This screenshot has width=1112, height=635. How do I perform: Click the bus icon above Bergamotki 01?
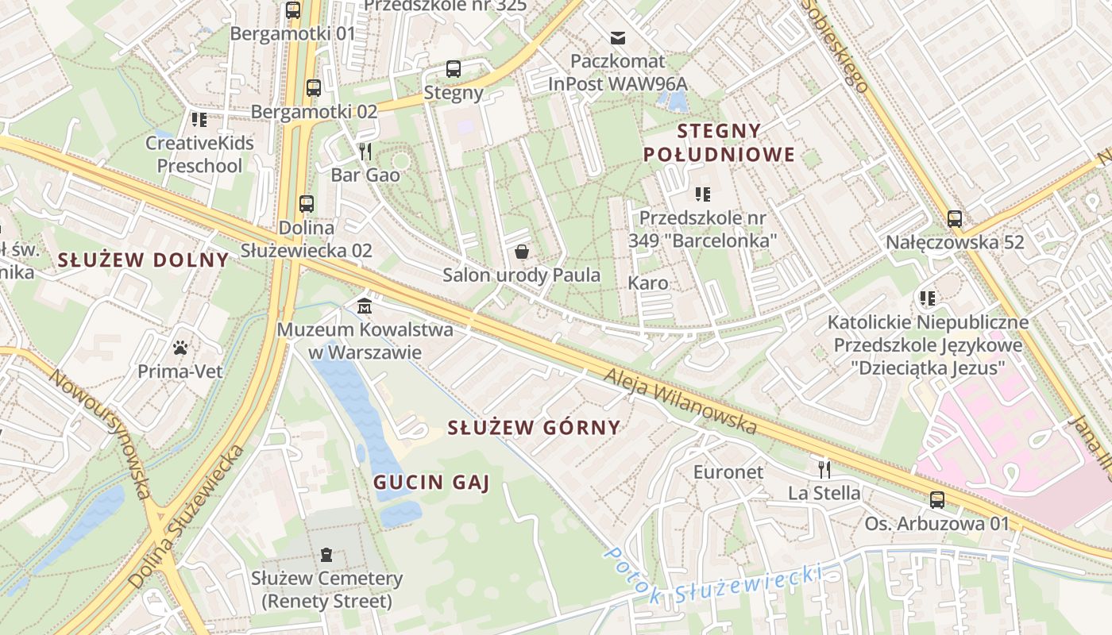293,10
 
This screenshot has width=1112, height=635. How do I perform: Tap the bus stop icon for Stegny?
454,69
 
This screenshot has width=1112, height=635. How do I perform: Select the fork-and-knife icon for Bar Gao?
365,151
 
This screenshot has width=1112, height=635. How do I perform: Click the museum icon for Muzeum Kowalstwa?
365,305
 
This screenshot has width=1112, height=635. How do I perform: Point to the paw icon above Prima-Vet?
181,348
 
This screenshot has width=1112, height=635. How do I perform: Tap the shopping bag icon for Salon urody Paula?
522,252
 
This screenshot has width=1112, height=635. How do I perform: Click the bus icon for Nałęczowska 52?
955,218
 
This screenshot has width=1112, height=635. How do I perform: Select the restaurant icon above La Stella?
824,469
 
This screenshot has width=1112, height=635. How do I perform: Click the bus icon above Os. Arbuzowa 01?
937,500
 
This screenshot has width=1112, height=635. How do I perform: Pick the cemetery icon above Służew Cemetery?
326,555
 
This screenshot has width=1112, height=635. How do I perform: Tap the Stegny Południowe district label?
719,143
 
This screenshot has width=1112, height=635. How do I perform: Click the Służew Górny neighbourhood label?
534,428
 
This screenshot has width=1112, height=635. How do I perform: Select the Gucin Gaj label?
431,482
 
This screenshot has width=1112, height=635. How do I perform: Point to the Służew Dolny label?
143,260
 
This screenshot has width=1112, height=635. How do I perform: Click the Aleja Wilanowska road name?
680,402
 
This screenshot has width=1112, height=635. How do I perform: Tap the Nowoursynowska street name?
100,433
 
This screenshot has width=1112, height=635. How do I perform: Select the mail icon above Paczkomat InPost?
618,37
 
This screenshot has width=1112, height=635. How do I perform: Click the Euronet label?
728,472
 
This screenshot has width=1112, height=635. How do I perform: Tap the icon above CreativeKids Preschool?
199,120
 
